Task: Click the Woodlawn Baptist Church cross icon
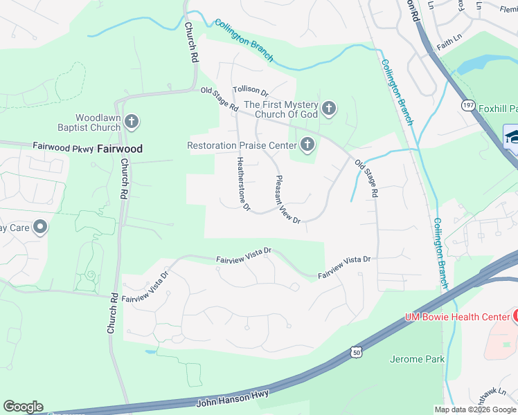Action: pyautogui.click(x=132, y=122)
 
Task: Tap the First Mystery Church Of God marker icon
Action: pyautogui.click(x=329, y=108)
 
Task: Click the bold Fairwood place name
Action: pyautogui.click(x=120, y=149)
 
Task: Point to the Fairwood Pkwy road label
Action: pyautogui.click(x=62, y=147)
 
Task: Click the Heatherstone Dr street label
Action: pyautogui.click(x=242, y=183)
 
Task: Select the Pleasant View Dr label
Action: pyautogui.click(x=287, y=199)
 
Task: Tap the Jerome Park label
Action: pyautogui.click(x=418, y=360)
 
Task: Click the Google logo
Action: pyautogui.click(x=23, y=407)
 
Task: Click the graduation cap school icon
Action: pyautogui.click(x=512, y=136)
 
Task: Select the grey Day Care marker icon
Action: pyautogui.click(x=40, y=227)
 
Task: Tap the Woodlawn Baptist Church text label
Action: pyautogui.click(x=89, y=122)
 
